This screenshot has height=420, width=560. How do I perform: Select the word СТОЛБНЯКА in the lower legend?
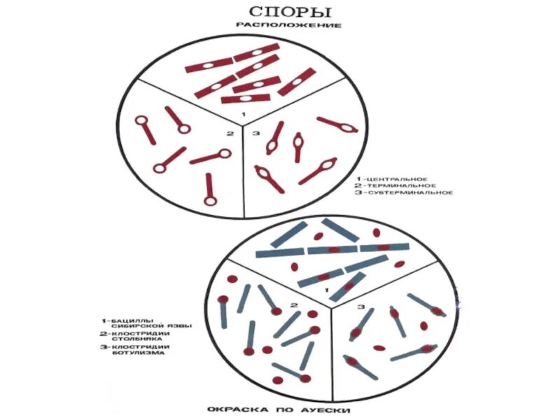(x=122, y=339)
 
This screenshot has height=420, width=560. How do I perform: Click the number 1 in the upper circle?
(x=244, y=113)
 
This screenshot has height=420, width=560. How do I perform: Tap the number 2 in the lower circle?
(x=295, y=305)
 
